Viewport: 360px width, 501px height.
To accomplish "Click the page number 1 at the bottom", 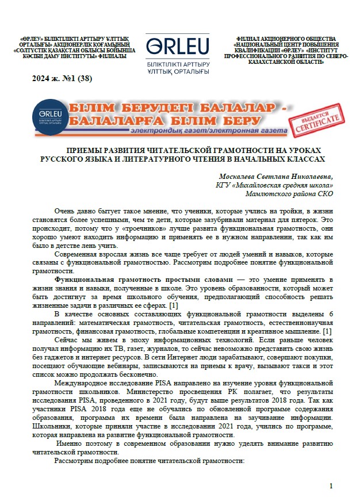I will click(x=331, y=487).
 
